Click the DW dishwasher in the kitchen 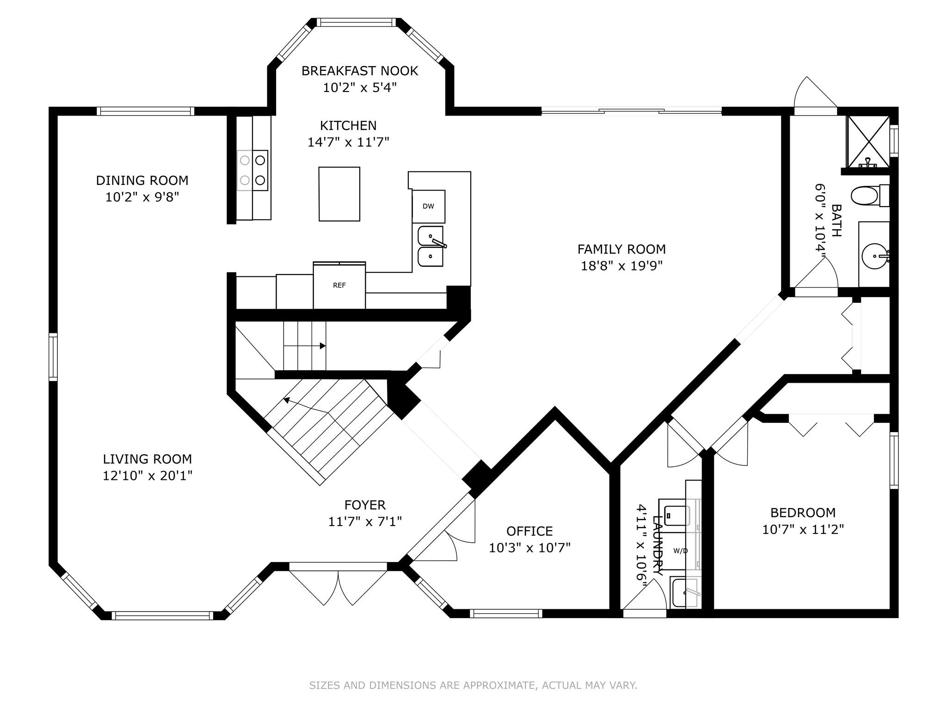[429, 206]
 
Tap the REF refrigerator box [339, 286]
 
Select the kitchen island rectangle [339, 194]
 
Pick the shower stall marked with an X [868, 141]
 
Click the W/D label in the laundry [680, 551]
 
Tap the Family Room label [621, 249]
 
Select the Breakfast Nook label [360, 71]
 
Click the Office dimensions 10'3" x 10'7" [530, 548]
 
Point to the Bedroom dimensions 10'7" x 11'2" [803, 529]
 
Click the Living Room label [147, 459]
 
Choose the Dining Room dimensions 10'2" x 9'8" [142, 197]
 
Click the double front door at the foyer [338, 583]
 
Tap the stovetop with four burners [252, 170]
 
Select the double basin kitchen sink [430, 246]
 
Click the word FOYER [365, 505]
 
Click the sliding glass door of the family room [632, 111]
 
